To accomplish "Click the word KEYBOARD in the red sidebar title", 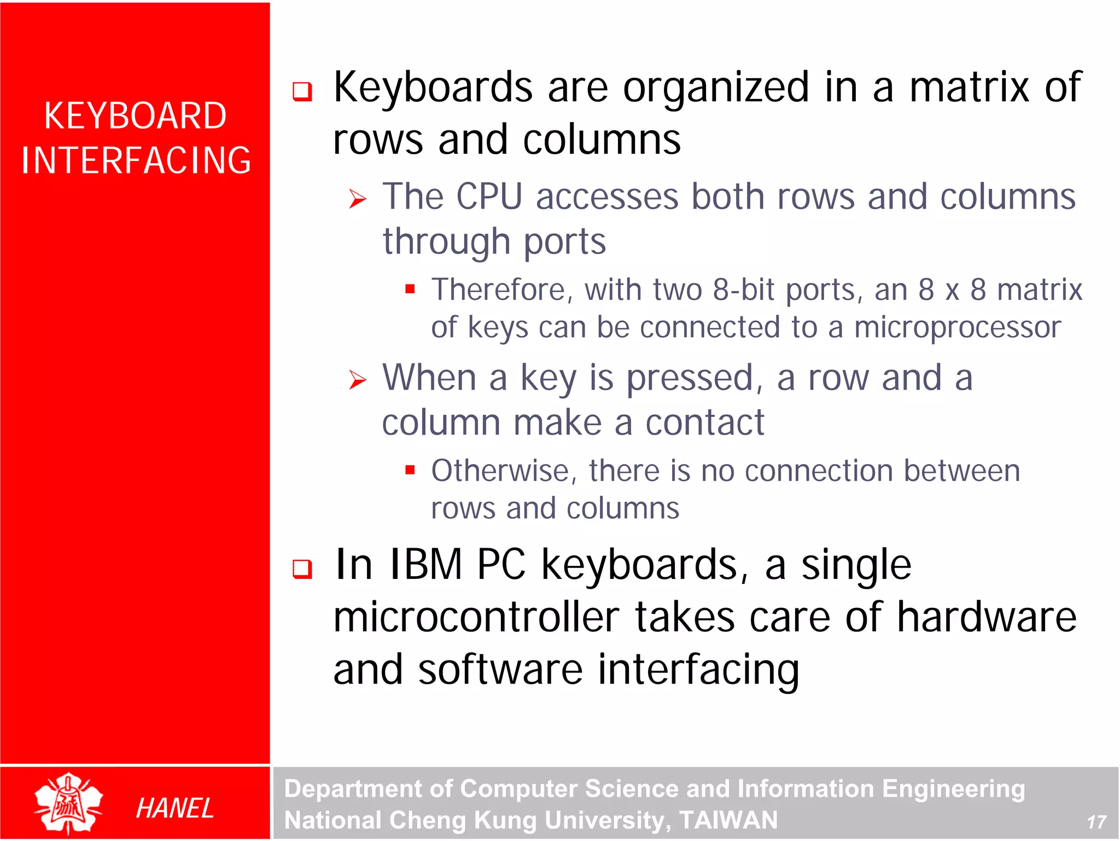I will point(135,116).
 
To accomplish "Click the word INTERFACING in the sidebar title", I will point(136,160).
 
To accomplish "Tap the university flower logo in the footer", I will point(68,803).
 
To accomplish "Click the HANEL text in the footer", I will point(174,808).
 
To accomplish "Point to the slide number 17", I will point(1096,822).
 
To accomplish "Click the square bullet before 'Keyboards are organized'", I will point(302,91).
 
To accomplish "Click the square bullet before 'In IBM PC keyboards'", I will point(302,569).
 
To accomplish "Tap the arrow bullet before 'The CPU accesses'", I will point(358,199).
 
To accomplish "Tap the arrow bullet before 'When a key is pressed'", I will point(358,380).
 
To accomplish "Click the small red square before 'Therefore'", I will point(410,289).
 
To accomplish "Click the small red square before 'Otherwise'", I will point(410,469).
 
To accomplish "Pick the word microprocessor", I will point(957,327).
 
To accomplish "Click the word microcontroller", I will point(476,617).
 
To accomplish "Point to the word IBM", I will point(425,565).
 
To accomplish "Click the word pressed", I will point(691,378).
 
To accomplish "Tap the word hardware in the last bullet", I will point(987,617).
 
